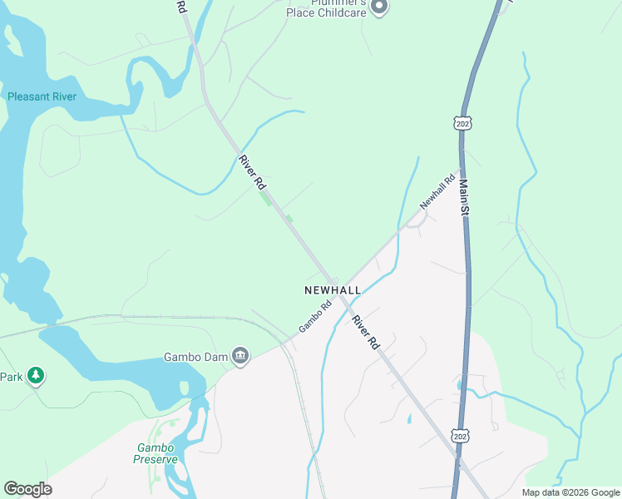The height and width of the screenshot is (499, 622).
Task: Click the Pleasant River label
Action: pos(42,96)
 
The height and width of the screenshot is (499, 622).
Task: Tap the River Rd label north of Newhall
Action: pos(251,171)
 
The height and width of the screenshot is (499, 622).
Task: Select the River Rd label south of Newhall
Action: pos(365,331)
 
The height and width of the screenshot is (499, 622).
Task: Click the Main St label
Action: pos(464,199)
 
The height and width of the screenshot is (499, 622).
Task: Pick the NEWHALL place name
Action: pos(333,289)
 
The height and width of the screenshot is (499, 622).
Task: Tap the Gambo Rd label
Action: pos(315,316)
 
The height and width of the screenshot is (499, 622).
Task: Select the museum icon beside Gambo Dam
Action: pos(240,357)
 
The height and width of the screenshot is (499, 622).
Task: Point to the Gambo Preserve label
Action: pos(155,452)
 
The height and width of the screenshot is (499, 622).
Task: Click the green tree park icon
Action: pos(35,377)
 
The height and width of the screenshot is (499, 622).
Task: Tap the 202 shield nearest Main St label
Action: pos(463,122)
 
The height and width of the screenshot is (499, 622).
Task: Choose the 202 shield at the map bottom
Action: pos(459,436)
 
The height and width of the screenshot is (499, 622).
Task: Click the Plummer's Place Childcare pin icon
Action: pos(379,7)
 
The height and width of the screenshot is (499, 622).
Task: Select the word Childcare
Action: pos(337,12)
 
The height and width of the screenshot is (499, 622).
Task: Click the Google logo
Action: pos(27,488)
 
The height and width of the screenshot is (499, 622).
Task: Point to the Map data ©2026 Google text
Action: pos(570,492)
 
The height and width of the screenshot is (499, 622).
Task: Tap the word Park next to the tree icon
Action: pos(11,377)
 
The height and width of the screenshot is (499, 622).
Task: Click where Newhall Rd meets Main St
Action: pos(462,166)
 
